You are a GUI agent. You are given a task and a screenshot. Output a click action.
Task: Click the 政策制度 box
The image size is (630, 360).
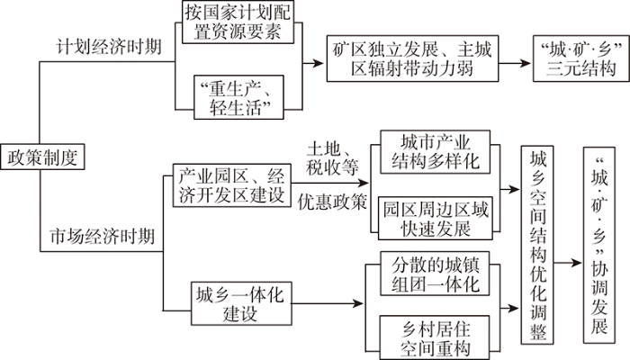(x=42, y=157)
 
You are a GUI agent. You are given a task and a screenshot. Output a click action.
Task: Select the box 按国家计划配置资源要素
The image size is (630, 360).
(x=238, y=22)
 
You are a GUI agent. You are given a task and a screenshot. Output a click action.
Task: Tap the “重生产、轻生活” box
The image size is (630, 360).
(x=238, y=97)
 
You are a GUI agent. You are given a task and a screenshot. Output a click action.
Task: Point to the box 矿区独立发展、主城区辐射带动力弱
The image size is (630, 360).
(x=412, y=58)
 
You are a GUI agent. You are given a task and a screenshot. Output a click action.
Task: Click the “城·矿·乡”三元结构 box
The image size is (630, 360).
(x=581, y=58)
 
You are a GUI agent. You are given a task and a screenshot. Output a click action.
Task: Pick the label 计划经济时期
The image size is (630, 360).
(x=109, y=47)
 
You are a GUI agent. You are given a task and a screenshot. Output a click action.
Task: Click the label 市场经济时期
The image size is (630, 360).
(x=103, y=236)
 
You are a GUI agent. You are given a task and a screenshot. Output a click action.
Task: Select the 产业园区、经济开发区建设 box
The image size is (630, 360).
(x=232, y=185)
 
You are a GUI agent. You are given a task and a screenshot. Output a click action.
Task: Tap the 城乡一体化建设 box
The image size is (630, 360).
(x=241, y=303)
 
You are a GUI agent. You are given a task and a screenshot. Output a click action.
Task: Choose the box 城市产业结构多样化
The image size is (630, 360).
(x=435, y=152)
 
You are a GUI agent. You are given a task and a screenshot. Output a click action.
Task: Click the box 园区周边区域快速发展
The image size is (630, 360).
(x=435, y=218)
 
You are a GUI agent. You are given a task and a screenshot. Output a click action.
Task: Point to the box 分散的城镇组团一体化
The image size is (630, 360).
(x=435, y=274)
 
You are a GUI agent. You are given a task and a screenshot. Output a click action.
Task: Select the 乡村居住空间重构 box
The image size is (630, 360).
(x=435, y=337)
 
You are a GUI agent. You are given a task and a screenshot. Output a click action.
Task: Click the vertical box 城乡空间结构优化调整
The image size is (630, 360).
(x=537, y=245)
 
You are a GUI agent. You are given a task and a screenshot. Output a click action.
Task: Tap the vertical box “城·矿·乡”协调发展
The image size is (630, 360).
(x=599, y=245)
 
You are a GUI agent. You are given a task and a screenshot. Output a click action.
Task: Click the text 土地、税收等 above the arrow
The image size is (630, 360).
(x=332, y=158)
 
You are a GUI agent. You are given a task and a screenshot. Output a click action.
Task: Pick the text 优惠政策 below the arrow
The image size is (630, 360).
(x=332, y=202)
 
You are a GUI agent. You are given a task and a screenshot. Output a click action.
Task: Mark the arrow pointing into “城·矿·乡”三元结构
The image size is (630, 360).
(x=515, y=63)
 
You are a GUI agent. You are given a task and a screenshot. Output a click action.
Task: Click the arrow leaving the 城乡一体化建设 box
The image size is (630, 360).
(x=328, y=303)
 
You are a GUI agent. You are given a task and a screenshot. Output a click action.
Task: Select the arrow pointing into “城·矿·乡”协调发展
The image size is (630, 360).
(x=568, y=263)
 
